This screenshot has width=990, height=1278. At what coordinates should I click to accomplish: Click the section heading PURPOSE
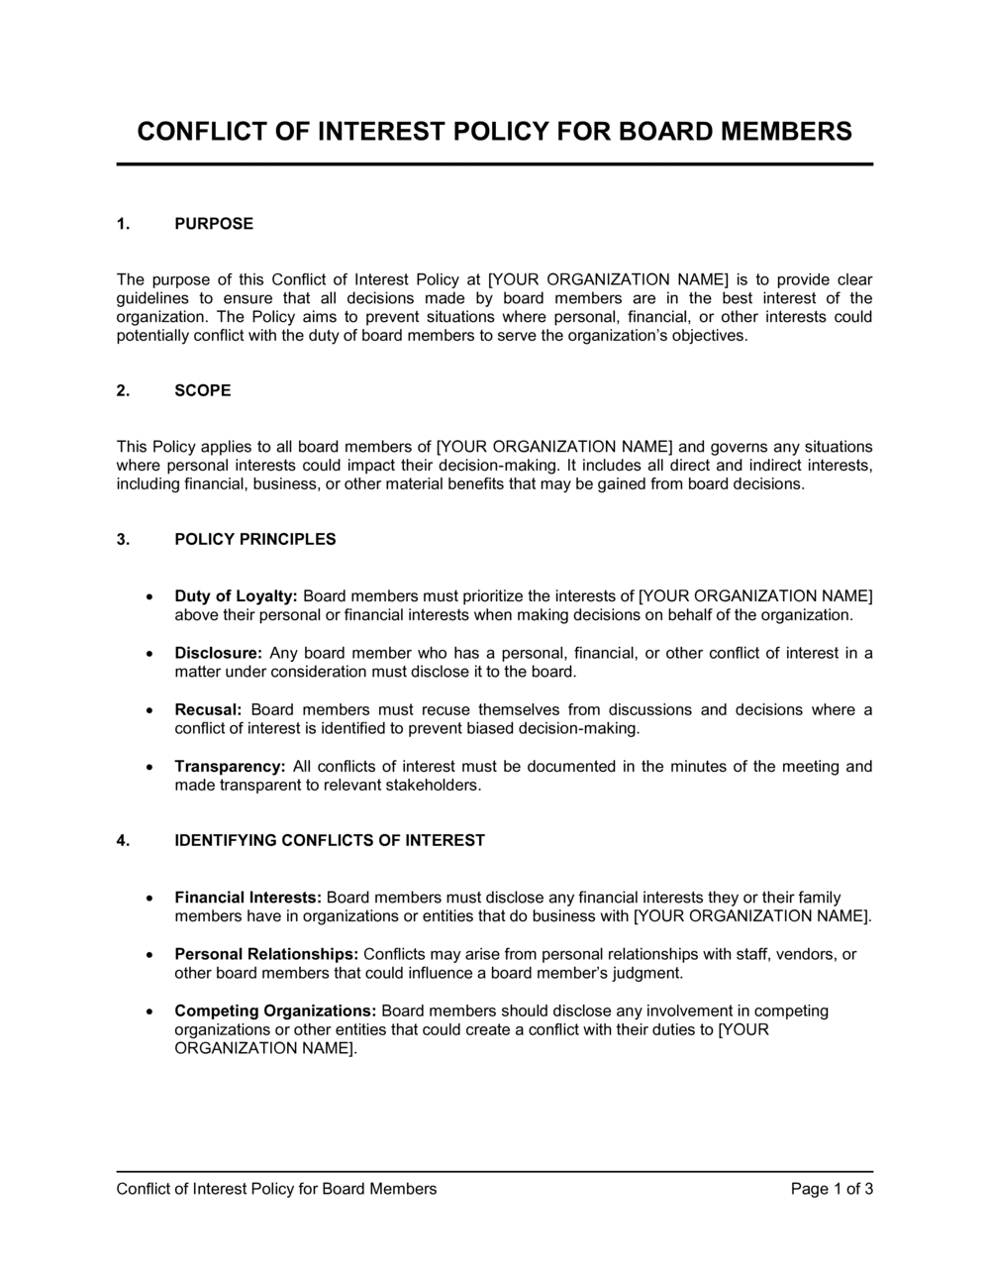point(214,224)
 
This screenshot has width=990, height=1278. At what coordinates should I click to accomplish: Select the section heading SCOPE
point(203,390)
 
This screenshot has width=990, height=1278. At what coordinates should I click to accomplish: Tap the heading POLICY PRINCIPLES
point(255,540)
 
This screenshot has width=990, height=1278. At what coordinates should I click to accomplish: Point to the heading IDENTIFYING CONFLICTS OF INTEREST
point(330,841)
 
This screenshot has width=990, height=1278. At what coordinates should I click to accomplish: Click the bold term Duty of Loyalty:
point(236,596)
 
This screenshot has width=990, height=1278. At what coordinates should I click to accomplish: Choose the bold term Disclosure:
point(218,654)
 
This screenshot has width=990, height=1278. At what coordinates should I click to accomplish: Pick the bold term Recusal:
point(208,710)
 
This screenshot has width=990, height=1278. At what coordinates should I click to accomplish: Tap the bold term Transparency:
point(230,767)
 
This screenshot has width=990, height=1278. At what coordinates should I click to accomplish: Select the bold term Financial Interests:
point(247,898)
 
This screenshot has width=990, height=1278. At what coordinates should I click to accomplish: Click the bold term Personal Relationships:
point(266,954)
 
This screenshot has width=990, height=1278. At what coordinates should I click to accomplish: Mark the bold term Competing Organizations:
point(275,1012)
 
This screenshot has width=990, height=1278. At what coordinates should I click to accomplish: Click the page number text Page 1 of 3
point(832,1189)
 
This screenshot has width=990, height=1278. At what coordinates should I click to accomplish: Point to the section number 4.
point(123,841)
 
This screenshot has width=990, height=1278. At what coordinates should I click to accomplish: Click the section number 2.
point(123,390)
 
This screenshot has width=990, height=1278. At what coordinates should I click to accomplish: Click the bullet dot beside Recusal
point(148,711)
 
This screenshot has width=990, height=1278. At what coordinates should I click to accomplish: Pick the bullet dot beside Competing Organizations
point(148,1012)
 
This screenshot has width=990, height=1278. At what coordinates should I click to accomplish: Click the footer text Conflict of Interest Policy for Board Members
point(276,1189)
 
